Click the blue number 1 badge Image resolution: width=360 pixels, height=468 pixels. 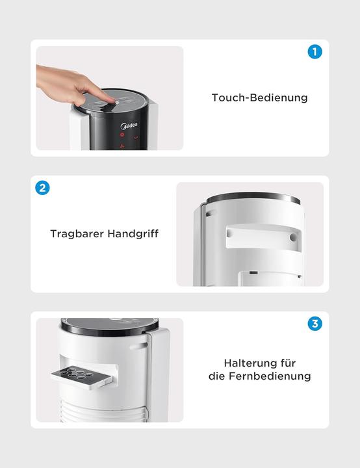315,52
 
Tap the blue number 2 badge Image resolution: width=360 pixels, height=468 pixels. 42,188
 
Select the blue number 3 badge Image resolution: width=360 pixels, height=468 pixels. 315,324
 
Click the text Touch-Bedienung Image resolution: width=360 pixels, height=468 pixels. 259,98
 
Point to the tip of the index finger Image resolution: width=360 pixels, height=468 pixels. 111,99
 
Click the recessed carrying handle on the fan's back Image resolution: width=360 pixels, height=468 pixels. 260,236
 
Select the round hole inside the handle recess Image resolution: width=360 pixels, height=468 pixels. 293,238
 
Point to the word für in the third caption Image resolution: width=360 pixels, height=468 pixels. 288,363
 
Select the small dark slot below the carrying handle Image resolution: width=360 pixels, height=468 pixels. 253,273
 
